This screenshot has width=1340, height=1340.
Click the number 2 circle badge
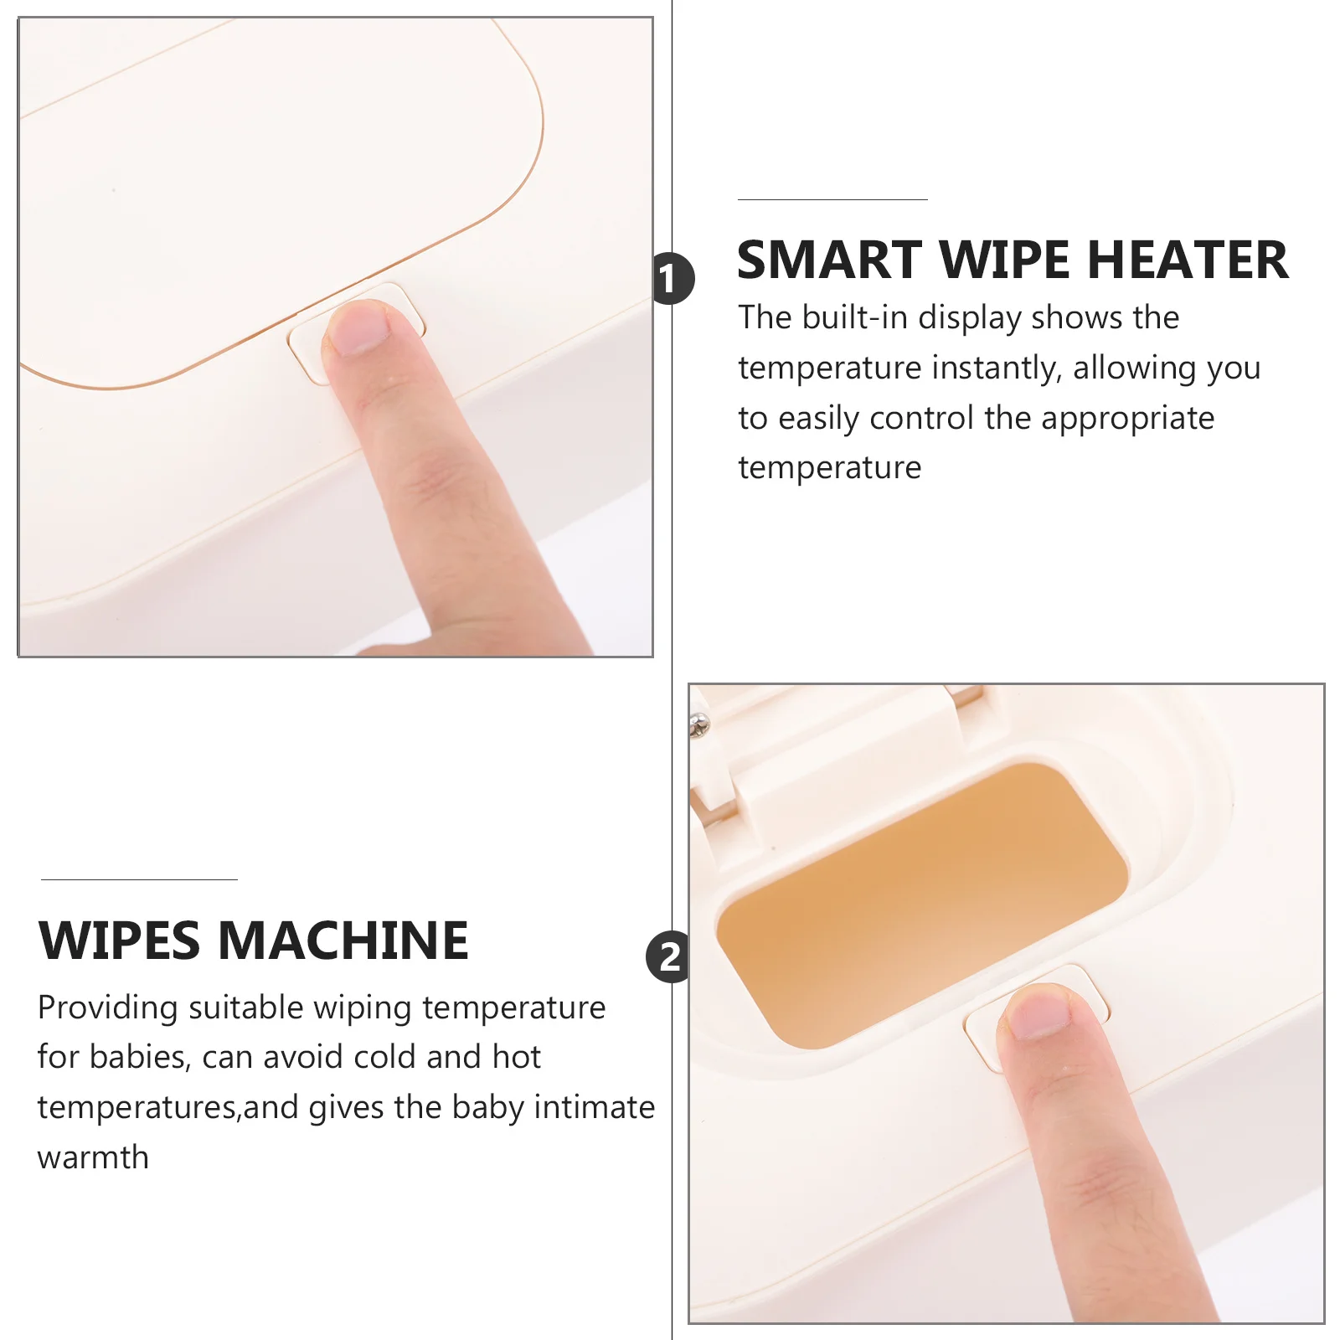tap(668, 956)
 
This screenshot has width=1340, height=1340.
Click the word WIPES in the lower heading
tap(120, 941)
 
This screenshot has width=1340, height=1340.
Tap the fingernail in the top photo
tap(358, 327)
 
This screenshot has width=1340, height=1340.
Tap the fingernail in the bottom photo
tap(1038, 1012)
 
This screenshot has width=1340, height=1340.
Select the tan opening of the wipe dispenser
tap(922, 904)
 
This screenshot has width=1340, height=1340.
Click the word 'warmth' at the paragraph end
tap(93, 1157)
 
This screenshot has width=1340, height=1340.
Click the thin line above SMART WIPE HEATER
tap(832, 199)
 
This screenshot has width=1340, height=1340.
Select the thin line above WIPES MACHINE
tap(139, 879)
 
